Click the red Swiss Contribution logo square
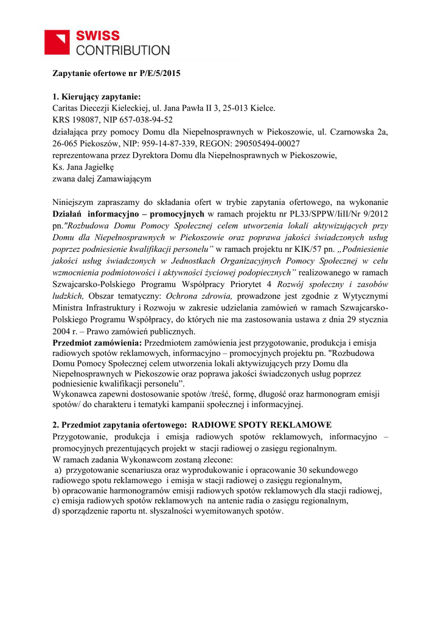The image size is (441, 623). pyautogui.click(x=58, y=43)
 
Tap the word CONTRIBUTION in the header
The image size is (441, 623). pyautogui.click(x=123, y=50)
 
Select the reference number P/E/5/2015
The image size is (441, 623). pyautogui.click(x=155, y=74)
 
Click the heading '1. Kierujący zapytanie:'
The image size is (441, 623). pyautogui.click(x=97, y=96)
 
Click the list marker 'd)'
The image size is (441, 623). pyautogui.click(x=57, y=510)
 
